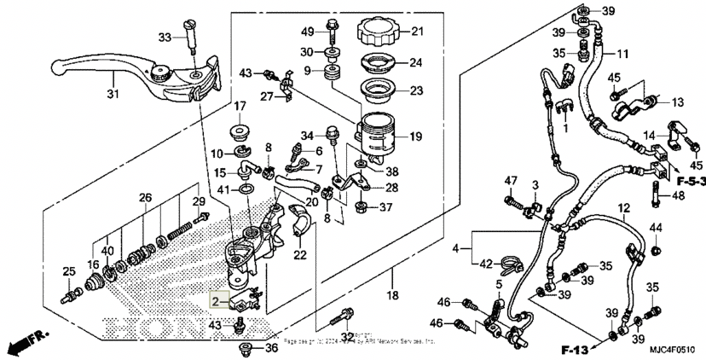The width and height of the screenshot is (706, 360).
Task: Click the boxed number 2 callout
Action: coord(217,301)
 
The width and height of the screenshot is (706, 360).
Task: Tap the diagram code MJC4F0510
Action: coord(672,350)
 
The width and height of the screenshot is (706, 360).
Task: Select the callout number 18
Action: coord(392,295)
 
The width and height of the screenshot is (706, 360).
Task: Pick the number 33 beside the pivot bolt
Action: coord(165,37)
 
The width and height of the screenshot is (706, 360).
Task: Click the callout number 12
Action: coord(623,208)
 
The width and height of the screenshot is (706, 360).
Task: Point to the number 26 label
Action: coord(146,198)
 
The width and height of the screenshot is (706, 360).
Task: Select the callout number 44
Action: coord(655,228)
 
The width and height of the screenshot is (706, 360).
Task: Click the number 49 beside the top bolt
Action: coord(307,32)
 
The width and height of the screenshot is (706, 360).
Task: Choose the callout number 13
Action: coord(677,102)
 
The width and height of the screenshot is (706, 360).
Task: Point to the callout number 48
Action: coord(677,195)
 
